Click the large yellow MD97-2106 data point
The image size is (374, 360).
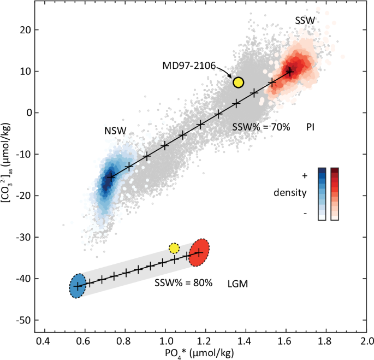(x=238, y=82)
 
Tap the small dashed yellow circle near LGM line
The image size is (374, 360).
(x=174, y=248)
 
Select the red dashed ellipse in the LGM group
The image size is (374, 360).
(x=199, y=252)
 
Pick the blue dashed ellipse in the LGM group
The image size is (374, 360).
(x=78, y=285)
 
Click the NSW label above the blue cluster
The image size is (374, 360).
(x=116, y=131)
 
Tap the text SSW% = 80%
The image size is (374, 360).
(x=183, y=284)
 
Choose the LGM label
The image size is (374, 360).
(x=238, y=284)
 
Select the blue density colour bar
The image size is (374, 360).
(x=322, y=193)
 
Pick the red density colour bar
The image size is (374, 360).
(x=335, y=193)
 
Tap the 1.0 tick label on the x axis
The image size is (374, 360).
(x=165, y=340)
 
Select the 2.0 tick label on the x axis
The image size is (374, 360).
(x=366, y=340)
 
